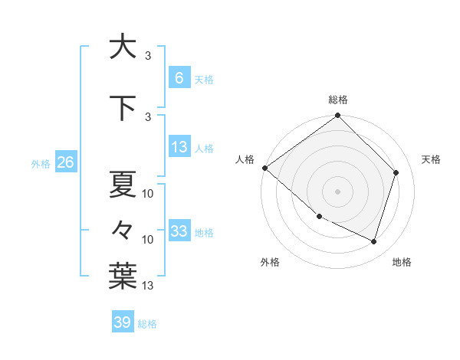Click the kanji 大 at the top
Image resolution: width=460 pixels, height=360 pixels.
click(123, 47)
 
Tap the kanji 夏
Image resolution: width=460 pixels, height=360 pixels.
click(123, 183)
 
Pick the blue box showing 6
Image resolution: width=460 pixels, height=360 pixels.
click(179, 77)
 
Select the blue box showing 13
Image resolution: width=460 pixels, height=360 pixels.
click(179, 147)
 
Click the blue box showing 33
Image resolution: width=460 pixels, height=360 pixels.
click(179, 231)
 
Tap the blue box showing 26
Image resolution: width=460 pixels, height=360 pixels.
click(65, 162)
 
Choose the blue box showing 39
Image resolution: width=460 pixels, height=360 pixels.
click(122, 322)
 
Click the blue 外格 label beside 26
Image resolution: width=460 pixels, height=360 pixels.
click(41, 163)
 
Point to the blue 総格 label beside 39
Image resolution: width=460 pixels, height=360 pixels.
click(147, 324)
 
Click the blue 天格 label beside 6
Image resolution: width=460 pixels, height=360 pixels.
click(204, 79)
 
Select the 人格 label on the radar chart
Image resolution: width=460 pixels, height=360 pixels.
click(245, 159)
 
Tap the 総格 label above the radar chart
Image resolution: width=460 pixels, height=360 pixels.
click(337, 100)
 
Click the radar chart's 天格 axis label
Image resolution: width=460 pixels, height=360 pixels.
click(431, 159)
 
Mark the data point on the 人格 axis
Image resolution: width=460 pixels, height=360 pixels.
click(264, 168)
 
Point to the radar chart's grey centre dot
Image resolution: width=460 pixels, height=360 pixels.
click(337, 191)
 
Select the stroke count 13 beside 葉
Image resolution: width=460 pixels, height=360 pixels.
click(148, 286)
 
